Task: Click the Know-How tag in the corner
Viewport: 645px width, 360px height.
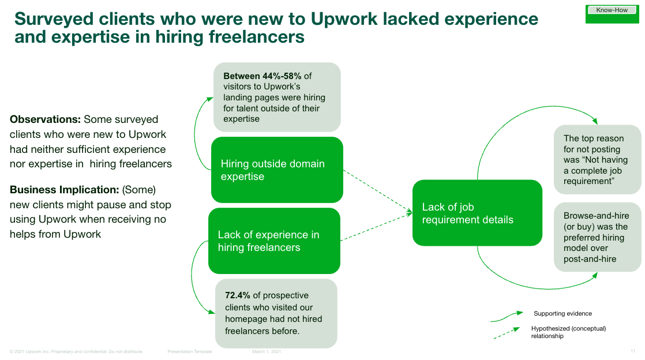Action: coord(612,10)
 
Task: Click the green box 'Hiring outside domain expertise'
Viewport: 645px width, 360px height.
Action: coord(277,170)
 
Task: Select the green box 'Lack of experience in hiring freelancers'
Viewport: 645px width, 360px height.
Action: coord(274,241)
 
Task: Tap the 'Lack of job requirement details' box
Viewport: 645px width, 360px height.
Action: coord(477,213)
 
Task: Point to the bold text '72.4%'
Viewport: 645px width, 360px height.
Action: coord(238,295)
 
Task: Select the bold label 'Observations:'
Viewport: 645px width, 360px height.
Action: coord(45,119)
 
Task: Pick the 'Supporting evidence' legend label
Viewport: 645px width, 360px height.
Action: coord(562,313)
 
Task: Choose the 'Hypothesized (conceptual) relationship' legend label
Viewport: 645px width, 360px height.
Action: coord(568,332)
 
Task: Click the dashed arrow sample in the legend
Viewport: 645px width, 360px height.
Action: coord(508,335)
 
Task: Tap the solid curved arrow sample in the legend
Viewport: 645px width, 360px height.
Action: coord(508,317)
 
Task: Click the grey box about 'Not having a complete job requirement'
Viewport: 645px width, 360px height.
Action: coord(597,159)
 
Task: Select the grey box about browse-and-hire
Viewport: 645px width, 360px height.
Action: coord(597,237)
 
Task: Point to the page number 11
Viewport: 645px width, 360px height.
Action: coord(632,351)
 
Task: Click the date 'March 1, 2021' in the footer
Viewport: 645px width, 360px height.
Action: coord(267,351)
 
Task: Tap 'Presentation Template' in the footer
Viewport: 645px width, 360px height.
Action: coord(190,351)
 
